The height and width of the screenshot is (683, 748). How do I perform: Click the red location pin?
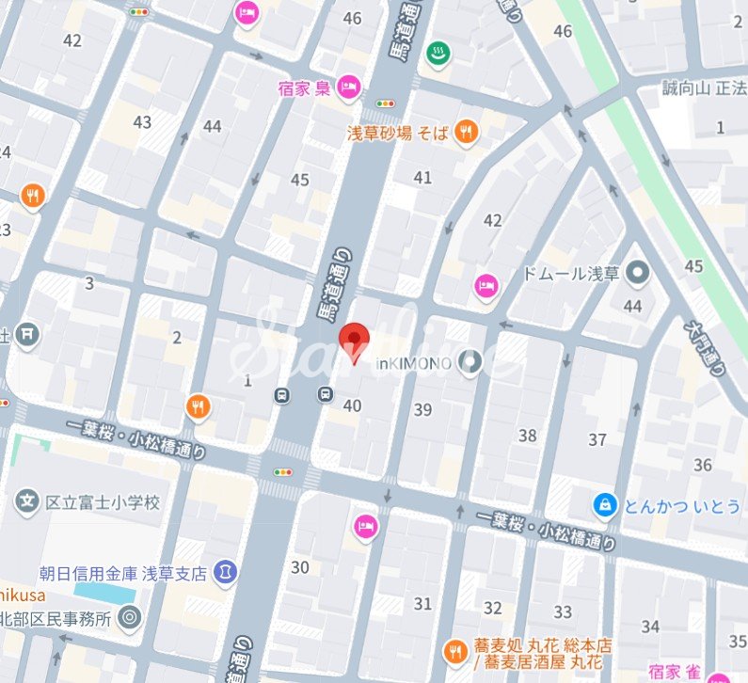click(354, 341)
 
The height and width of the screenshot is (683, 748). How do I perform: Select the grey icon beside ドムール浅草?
click(640, 274)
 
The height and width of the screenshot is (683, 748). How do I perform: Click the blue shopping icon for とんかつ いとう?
click(604, 506)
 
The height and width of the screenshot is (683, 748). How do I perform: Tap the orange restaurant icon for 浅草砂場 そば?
click(465, 134)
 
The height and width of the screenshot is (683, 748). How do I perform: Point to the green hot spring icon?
click(438, 51)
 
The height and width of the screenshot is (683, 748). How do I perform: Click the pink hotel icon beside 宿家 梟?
click(347, 87)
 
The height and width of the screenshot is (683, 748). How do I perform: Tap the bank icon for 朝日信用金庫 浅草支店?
click(225, 571)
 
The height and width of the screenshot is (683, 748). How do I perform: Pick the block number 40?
click(353, 405)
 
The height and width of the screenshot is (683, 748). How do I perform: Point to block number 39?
click(422, 409)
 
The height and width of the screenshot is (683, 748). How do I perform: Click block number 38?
click(527, 435)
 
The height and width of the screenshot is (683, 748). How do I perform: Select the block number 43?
click(142, 121)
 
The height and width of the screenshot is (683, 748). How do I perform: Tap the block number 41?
click(422, 178)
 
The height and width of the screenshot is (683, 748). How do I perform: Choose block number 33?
click(563, 612)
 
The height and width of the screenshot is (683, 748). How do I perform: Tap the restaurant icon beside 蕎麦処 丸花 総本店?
click(454, 649)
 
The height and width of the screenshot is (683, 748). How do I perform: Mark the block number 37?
click(597, 439)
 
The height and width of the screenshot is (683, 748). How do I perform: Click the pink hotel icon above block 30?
click(364, 526)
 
